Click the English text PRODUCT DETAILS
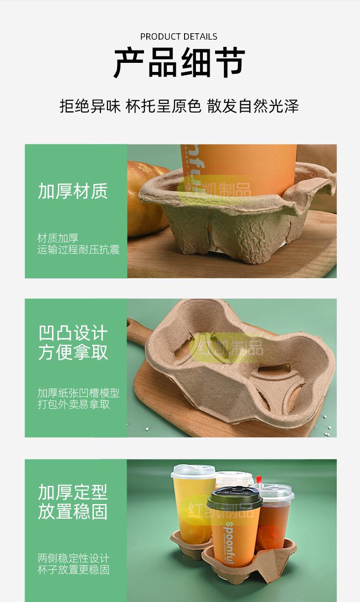(179, 36)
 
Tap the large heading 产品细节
(179, 63)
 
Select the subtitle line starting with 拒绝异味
(179, 106)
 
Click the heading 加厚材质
(73, 191)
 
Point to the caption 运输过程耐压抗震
(78, 250)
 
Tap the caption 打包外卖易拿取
(73, 404)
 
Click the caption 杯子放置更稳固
(73, 570)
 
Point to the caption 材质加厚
(58, 238)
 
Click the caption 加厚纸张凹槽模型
(78, 393)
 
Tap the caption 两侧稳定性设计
(73, 558)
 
